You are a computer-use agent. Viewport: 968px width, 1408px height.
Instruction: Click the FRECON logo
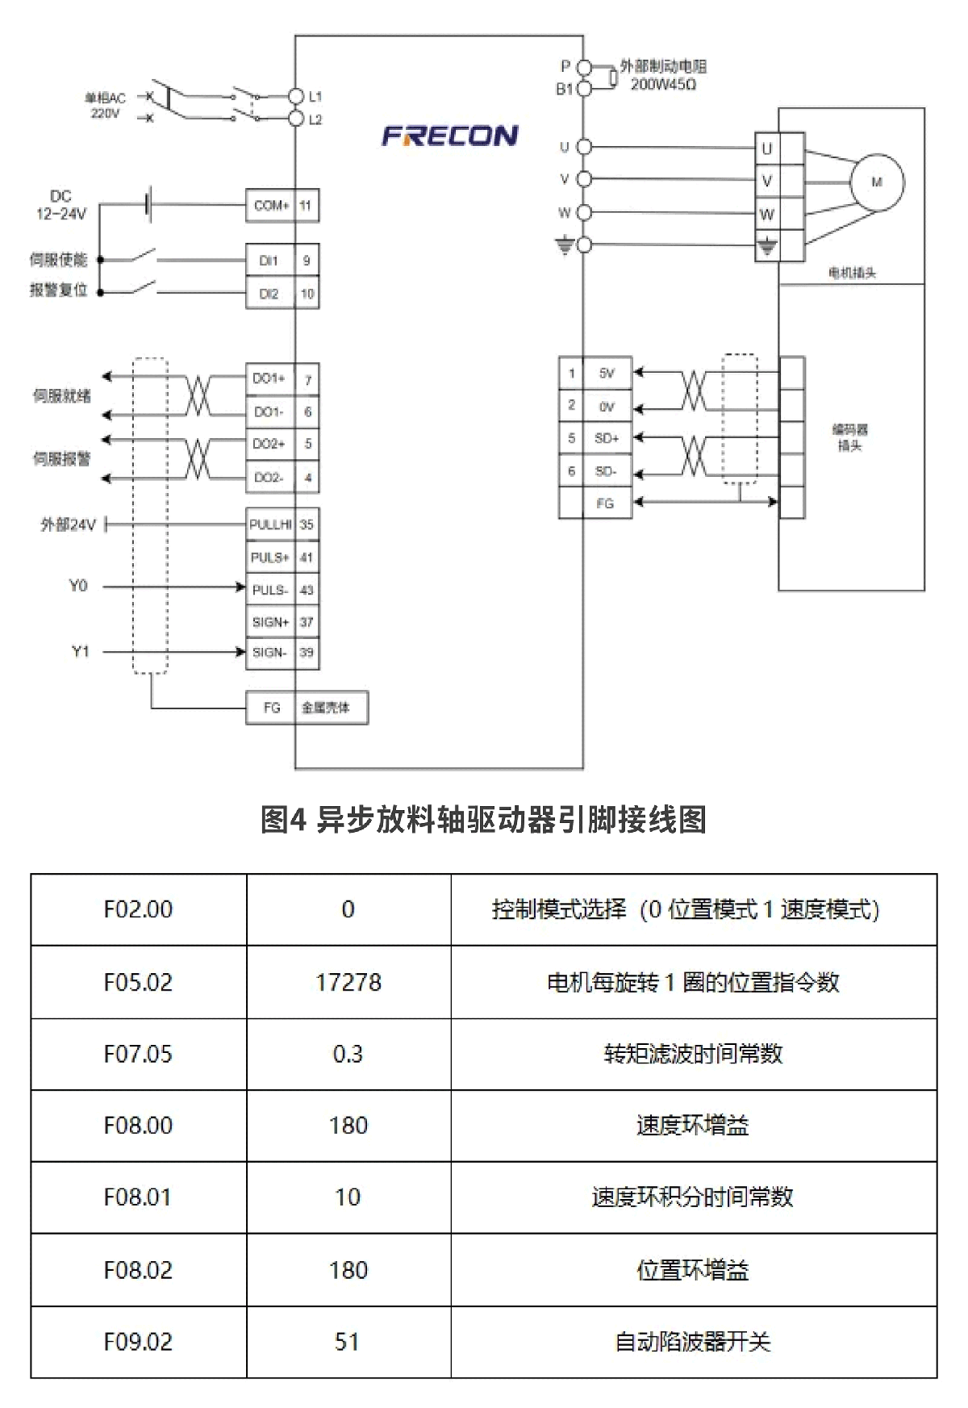click(449, 136)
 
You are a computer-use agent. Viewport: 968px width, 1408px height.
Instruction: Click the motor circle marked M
click(877, 182)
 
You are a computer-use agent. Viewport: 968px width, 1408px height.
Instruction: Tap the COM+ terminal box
click(270, 206)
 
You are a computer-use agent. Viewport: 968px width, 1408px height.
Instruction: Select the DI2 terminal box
click(269, 294)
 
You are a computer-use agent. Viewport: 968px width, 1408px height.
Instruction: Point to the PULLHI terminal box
click(270, 524)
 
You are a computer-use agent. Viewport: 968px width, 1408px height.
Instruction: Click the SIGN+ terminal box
click(270, 622)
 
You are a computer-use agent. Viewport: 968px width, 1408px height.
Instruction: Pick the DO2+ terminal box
click(269, 444)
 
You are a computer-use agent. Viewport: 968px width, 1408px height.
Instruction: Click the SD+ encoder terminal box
click(607, 438)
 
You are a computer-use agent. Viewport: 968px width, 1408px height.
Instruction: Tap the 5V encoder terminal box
click(607, 374)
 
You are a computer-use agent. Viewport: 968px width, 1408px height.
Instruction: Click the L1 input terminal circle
click(296, 97)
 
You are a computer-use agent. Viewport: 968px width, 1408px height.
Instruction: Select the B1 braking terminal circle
click(585, 89)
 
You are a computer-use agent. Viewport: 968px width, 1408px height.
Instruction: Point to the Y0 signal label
click(78, 586)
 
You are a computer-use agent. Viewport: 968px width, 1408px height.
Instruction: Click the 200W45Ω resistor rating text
click(663, 85)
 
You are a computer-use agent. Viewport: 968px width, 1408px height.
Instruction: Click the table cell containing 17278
click(348, 982)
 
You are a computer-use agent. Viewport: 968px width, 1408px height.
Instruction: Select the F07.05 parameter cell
click(138, 1054)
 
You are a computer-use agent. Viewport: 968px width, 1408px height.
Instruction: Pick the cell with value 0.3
click(348, 1054)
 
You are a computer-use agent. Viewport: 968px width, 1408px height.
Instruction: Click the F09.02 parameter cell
click(138, 1342)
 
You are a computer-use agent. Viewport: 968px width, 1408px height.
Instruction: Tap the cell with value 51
click(348, 1342)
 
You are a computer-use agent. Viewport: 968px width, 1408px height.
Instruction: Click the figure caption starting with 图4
click(483, 820)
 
